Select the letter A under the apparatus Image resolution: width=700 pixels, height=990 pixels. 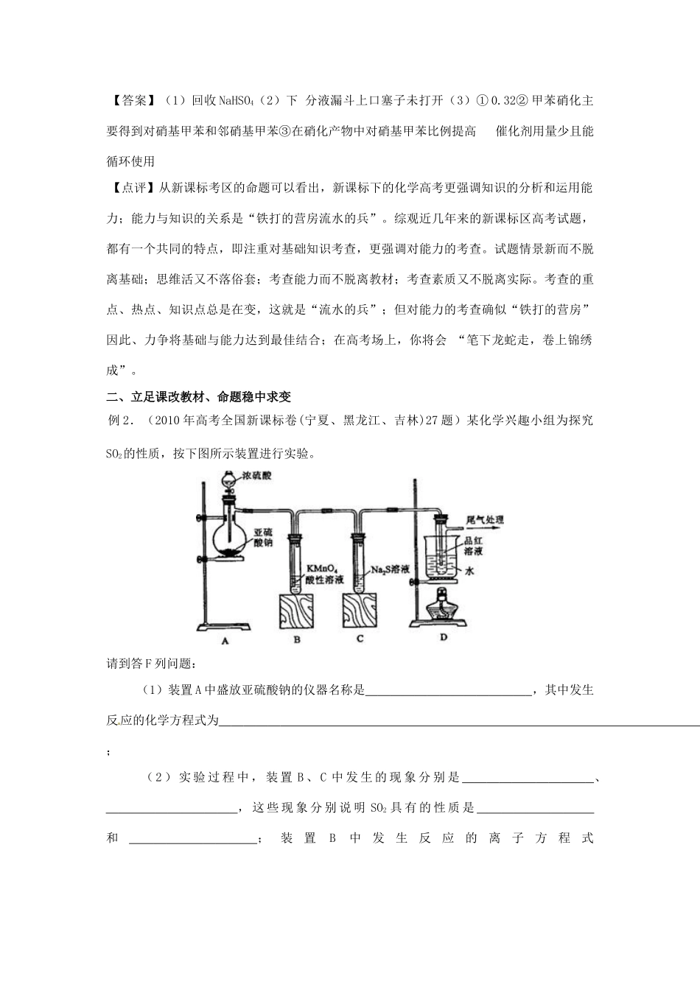[225, 640]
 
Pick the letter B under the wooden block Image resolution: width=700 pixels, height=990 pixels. [297, 639]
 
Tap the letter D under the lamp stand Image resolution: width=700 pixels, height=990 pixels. [444, 637]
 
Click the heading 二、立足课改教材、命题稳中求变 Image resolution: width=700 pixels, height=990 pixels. [199, 397]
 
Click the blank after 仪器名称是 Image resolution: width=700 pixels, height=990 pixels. [448, 691]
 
